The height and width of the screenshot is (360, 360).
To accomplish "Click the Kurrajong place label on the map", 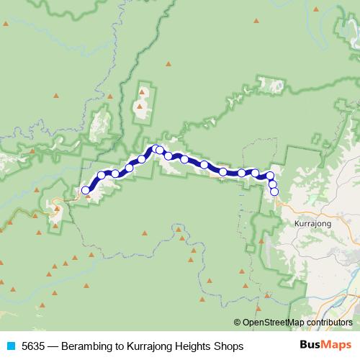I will point(312,224).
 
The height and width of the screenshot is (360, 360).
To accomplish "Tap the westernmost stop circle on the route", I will point(86,191).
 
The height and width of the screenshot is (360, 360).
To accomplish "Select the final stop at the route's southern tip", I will point(274,192).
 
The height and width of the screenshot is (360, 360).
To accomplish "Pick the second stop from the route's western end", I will point(102,175).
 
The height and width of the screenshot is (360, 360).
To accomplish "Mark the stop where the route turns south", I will point(270,176).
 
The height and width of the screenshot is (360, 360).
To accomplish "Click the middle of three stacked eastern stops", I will point(272,184).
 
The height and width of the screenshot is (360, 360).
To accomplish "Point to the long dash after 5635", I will point(54,346).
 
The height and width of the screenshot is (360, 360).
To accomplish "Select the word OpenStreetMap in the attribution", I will point(273,323).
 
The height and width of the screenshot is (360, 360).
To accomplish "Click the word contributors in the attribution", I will point(328,323).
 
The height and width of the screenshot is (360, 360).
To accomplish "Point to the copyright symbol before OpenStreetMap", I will point(238,323).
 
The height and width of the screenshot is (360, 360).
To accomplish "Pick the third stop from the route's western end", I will point(115,174).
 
